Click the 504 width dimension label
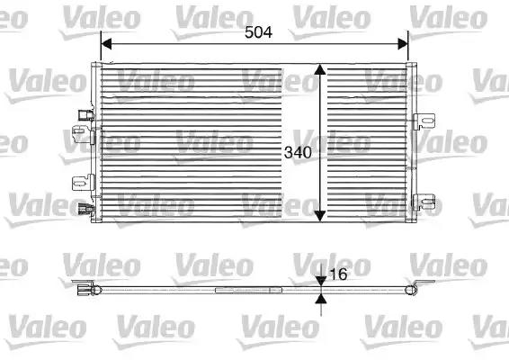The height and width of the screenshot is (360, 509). [x=258, y=31]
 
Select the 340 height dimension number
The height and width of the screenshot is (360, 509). [x=298, y=152]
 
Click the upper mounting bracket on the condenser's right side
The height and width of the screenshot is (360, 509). [x=427, y=119]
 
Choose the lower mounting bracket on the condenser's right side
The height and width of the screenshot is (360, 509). [x=427, y=202]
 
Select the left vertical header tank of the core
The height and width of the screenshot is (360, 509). [x=95, y=144]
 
